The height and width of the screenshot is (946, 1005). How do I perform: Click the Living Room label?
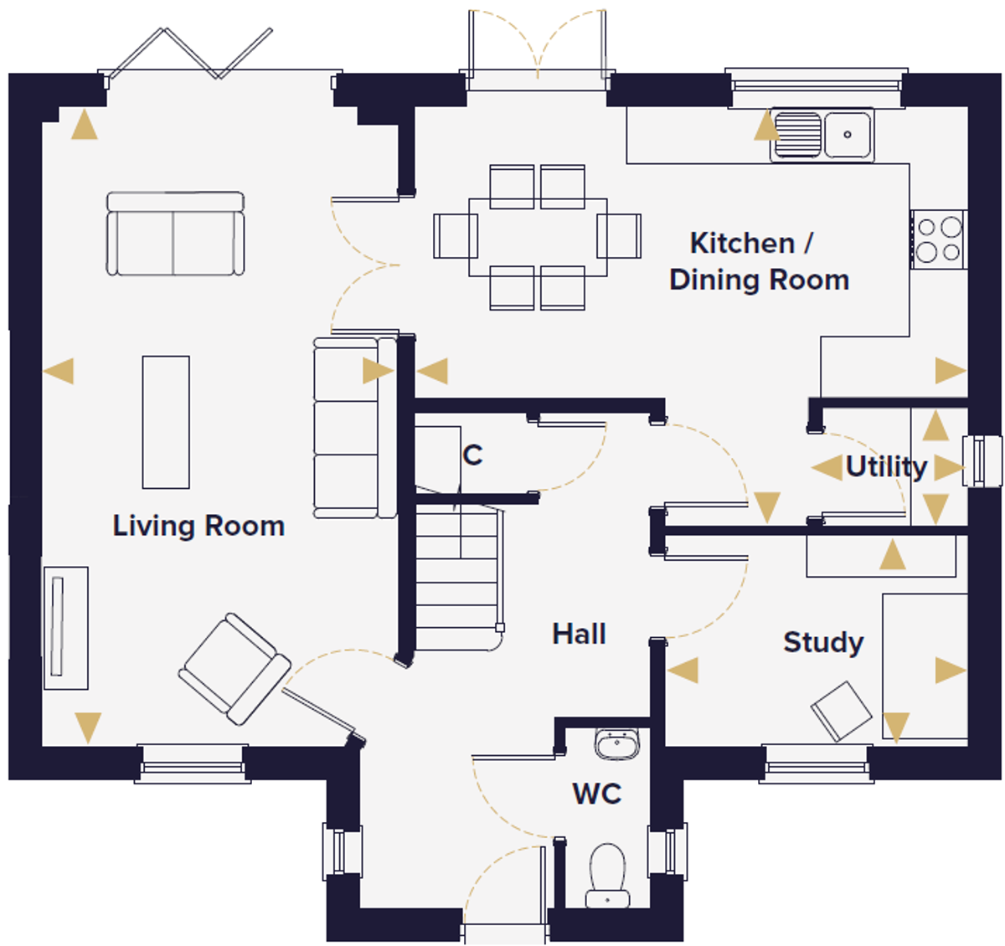coord(198,526)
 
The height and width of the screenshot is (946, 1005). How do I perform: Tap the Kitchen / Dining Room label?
coord(758,261)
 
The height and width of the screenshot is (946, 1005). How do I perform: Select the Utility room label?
coord(886,466)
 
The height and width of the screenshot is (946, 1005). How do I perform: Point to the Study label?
coord(823,642)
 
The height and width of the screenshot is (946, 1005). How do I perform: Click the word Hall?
coord(579,634)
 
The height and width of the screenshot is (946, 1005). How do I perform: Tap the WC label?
coord(597,793)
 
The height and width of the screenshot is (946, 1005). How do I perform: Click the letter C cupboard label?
coord(472,455)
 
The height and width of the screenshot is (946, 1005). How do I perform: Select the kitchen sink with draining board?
coord(822,134)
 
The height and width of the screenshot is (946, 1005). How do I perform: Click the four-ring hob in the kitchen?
coord(938,239)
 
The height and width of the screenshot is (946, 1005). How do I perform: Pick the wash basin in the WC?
coord(617,743)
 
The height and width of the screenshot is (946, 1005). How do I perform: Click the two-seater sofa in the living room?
coord(175,234)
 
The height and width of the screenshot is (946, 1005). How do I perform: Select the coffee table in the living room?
coord(166,422)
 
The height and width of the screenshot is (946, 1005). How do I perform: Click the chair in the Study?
coord(842,711)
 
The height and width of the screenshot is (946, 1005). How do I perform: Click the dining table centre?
coord(538,237)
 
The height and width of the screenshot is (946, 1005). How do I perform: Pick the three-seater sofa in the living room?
coord(354,427)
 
